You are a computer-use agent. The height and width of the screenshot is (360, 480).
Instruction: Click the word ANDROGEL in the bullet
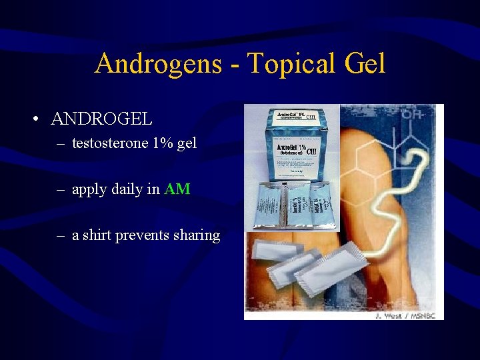(x=101, y=120)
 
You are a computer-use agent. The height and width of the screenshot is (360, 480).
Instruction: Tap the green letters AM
(x=177, y=189)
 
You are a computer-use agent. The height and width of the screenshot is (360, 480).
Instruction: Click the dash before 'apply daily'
(x=60, y=189)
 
